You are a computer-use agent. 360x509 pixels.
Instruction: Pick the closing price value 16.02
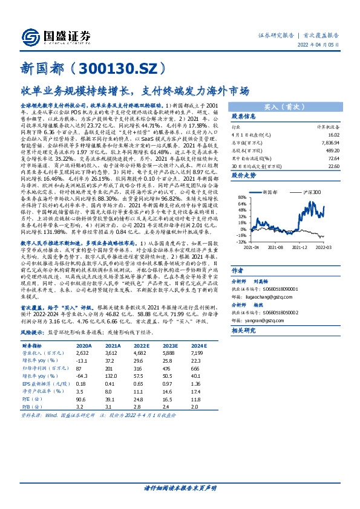click(x=332, y=135)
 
